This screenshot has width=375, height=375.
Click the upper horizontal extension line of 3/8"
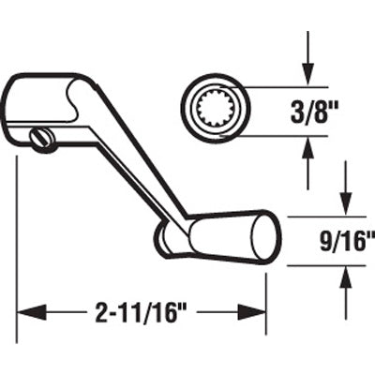[281, 86]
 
